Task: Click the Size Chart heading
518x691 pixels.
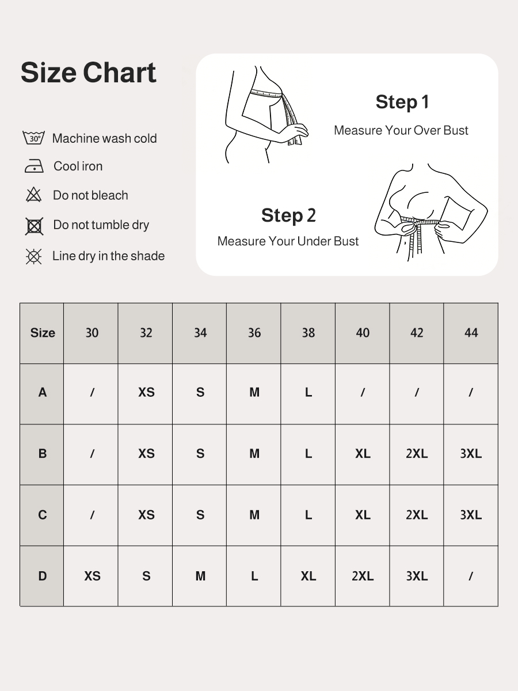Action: [89, 73]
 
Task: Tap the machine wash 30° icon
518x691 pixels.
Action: [33, 138]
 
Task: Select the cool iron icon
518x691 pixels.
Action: [34, 166]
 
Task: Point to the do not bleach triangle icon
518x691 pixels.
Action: [33, 195]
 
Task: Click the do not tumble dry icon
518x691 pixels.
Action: [35, 226]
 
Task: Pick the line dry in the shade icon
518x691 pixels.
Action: [33, 256]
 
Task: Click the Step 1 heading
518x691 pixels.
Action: [402, 102]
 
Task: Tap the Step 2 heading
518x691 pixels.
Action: [288, 215]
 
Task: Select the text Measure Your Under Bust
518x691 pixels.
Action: [288, 241]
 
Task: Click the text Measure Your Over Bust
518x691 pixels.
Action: [401, 130]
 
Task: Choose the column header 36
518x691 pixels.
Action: [254, 333]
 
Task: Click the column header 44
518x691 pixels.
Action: [471, 333]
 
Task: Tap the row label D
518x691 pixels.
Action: [43, 576]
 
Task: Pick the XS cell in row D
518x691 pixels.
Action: [92, 576]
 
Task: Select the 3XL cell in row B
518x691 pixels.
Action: [471, 453]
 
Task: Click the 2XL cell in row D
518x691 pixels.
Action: [363, 576]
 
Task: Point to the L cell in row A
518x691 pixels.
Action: [308, 392]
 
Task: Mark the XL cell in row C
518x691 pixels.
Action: [363, 515]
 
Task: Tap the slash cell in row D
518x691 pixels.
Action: [471, 576]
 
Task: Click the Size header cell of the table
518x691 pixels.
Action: [43, 333]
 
